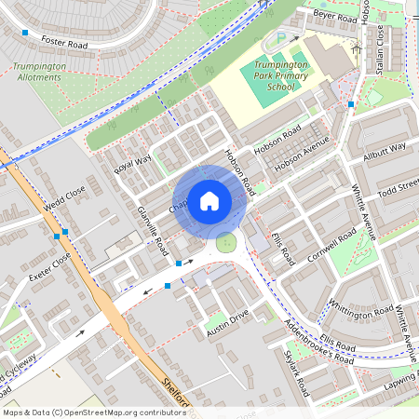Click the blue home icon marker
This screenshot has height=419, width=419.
tap(209, 200)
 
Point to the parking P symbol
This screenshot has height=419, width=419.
tap(280, 40)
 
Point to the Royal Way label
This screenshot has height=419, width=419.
tap(132, 165)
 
